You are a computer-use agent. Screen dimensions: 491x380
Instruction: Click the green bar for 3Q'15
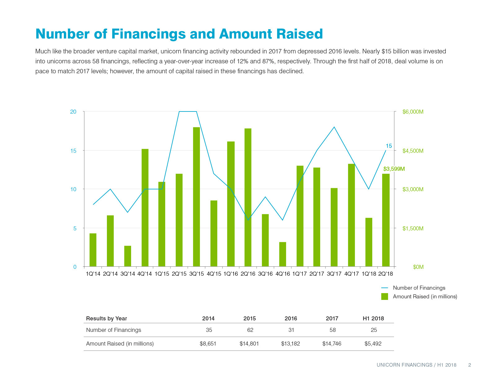click(196, 197)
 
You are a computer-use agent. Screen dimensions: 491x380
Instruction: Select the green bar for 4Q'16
click(282, 254)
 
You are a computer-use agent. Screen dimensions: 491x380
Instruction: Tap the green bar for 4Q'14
click(145, 207)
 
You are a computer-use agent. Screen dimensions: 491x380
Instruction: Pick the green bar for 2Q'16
click(248, 197)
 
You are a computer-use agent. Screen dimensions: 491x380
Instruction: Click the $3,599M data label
click(394, 169)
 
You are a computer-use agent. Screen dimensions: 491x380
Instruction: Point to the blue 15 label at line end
click(389, 146)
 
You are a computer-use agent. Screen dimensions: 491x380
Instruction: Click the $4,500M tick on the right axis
click(413, 151)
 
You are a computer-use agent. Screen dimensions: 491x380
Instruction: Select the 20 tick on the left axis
click(73, 111)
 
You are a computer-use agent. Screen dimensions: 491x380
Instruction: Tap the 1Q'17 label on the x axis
click(299, 274)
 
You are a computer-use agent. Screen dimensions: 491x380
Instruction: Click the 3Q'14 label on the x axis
click(127, 274)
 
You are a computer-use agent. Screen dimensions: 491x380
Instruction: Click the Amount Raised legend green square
click(385, 296)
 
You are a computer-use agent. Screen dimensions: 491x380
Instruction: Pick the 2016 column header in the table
click(290, 319)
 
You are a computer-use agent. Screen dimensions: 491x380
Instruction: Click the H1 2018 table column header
click(373, 319)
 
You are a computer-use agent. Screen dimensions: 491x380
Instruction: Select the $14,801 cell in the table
click(249, 344)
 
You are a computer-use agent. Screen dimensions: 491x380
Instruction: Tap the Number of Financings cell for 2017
click(333, 330)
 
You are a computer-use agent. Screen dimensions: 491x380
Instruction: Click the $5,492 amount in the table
click(373, 344)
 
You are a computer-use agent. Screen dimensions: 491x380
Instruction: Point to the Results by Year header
click(106, 319)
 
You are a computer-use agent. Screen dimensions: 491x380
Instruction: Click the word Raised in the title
click(299, 34)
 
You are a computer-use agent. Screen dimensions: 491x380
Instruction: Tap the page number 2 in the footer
click(470, 365)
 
